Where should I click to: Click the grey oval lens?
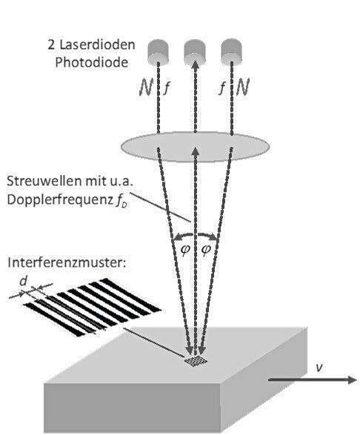[x=196, y=145]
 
